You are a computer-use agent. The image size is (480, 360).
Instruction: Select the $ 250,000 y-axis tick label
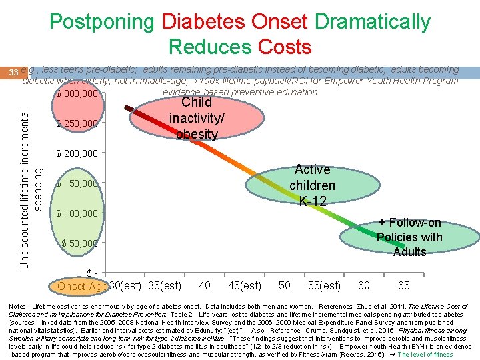pyautogui.click(x=77, y=123)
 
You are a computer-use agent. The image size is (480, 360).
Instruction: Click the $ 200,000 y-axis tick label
pyautogui.click(x=77, y=153)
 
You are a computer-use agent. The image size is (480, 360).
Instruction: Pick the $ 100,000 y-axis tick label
pyautogui.click(x=77, y=213)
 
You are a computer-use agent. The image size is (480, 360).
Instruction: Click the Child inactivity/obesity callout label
pyautogui.click(x=197, y=118)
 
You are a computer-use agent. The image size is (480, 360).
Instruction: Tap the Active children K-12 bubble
pyautogui.click(x=312, y=185)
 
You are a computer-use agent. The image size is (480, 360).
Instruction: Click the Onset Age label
pyautogui.click(x=82, y=286)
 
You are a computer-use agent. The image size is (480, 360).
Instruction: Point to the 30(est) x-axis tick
pyautogui.click(x=125, y=286)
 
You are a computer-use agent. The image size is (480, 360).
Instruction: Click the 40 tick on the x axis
pyautogui.click(x=205, y=286)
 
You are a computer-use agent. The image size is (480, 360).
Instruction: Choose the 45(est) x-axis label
pyautogui.click(x=244, y=286)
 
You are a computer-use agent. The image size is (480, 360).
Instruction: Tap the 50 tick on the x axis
pyautogui.click(x=285, y=286)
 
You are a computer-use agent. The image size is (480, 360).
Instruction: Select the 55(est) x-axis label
pyautogui.click(x=324, y=286)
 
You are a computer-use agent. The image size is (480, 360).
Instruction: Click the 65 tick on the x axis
pyautogui.click(x=404, y=286)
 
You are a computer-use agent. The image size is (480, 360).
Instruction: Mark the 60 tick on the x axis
pyautogui.click(x=364, y=286)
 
